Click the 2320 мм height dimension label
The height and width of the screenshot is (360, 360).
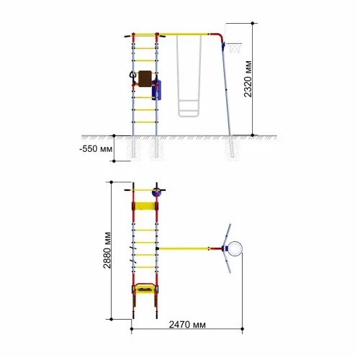[x=248, y=79]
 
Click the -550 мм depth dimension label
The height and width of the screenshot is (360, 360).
[x=96, y=149]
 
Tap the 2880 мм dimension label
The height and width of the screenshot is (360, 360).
[x=107, y=251]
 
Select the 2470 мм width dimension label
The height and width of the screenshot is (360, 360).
[x=187, y=325]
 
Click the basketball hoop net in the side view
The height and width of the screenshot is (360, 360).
[x=235, y=48]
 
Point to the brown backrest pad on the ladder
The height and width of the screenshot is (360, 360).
[x=145, y=78]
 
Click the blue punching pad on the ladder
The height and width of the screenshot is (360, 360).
[x=156, y=90]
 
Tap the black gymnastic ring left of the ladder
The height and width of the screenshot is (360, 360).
[x=132, y=75]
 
